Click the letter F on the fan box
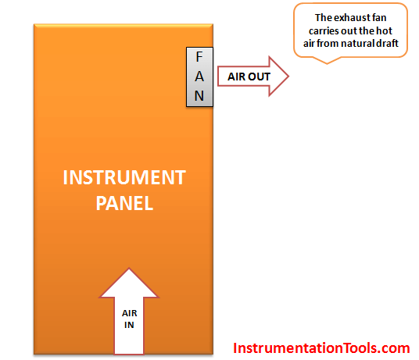coord(199,56)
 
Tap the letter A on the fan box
coord(199,77)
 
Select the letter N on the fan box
coord(199,96)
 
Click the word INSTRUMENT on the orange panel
coord(124,177)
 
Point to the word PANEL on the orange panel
coord(124,203)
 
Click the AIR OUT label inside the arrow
coord(249,77)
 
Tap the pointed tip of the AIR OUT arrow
coord(288,77)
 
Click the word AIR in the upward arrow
coord(130,313)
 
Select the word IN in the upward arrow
coord(129,325)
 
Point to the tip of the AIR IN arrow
coord(129,268)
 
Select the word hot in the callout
coord(385,31)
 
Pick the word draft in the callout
coord(387,44)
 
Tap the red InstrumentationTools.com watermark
coord(321,348)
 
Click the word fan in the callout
coord(379,18)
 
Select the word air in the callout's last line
coord(310,44)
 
